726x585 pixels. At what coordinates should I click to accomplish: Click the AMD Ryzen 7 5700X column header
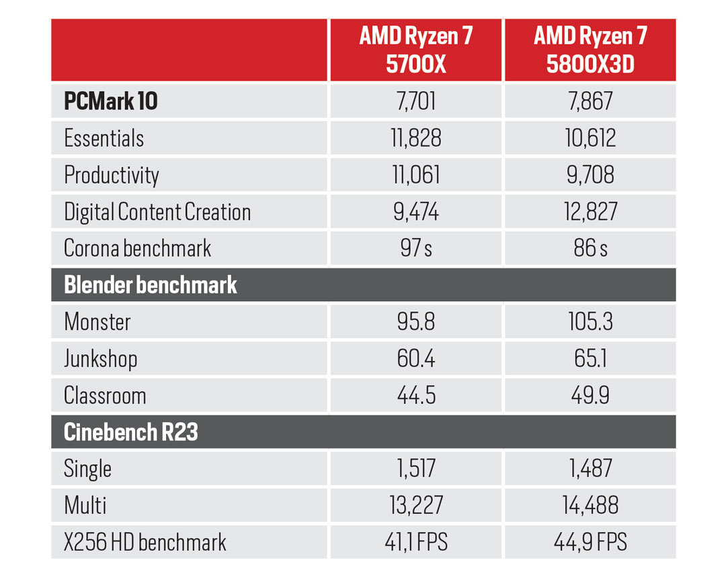[x=415, y=50]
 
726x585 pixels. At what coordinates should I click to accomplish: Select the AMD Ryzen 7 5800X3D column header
[x=590, y=50]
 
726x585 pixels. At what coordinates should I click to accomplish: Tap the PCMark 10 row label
[x=111, y=102]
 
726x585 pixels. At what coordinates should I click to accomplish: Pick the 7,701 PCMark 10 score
[x=415, y=102]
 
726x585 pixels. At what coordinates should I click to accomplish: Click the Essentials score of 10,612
[x=590, y=139]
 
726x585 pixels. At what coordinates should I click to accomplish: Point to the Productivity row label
[x=112, y=175]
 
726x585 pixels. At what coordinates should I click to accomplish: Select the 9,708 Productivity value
[x=590, y=175]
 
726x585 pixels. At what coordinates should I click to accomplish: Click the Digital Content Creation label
[x=157, y=212]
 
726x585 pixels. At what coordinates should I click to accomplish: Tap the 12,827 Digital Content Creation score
[x=590, y=212]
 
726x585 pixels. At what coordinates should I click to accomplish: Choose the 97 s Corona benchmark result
[x=415, y=249]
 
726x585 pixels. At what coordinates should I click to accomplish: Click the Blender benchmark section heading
[x=151, y=285]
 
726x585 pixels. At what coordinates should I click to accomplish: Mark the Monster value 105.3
[x=590, y=321]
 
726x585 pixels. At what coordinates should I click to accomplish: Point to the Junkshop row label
[x=101, y=358]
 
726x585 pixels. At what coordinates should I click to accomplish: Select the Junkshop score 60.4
[x=415, y=358]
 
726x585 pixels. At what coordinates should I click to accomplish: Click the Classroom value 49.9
[x=590, y=395]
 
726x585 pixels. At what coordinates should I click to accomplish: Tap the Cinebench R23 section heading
[x=131, y=432]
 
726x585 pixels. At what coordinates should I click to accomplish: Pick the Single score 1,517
[x=415, y=469]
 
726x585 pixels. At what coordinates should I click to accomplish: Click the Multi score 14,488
[x=590, y=506]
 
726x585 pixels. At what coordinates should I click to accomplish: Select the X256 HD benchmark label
[x=145, y=543]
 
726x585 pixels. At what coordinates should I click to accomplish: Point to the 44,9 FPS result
[x=590, y=543]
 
